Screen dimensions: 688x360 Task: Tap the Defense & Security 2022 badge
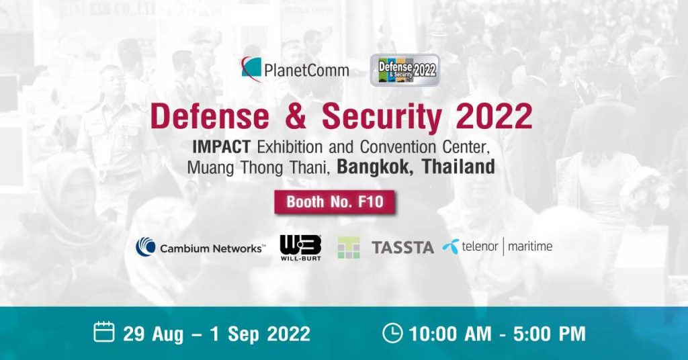(x=405, y=70)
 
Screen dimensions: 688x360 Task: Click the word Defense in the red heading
(x=210, y=117)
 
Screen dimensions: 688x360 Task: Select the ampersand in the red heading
(x=296, y=117)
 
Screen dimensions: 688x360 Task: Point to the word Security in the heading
(x=382, y=118)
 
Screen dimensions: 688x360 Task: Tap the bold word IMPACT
(x=222, y=147)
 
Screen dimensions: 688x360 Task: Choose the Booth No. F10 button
(x=335, y=201)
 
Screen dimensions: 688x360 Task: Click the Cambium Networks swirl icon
(x=146, y=246)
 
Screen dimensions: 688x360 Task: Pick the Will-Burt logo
(x=300, y=248)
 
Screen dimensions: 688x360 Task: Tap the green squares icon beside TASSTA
(x=349, y=248)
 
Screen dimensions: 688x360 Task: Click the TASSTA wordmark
(x=403, y=248)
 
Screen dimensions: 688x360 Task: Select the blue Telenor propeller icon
(x=451, y=246)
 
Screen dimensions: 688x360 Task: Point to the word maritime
(x=530, y=246)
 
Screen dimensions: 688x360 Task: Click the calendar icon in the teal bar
(x=104, y=332)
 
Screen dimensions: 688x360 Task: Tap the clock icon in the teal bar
(x=392, y=332)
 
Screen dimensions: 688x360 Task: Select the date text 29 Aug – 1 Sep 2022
(x=217, y=334)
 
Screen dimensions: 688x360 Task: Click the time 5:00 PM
(x=550, y=334)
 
